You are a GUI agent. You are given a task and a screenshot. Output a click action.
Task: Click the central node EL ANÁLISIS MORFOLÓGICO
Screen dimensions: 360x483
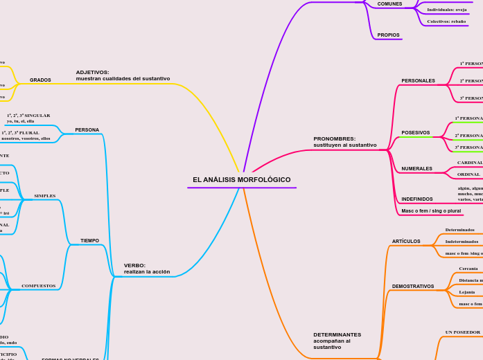click(x=242, y=180)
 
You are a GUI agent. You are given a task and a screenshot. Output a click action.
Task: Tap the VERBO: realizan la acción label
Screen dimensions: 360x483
click(x=146, y=269)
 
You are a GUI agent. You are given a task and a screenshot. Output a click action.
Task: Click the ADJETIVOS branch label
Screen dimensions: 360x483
click(x=123, y=75)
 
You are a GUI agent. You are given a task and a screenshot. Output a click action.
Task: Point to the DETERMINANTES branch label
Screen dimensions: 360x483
click(x=337, y=341)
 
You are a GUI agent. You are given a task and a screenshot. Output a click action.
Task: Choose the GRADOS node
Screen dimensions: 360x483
click(x=40, y=80)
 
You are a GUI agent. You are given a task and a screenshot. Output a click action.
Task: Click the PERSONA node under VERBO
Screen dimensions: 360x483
click(x=87, y=130)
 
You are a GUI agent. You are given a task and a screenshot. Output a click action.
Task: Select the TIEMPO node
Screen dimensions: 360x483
click(x=89, y=241)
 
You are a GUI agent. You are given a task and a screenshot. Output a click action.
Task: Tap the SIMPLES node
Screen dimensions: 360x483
click(x=45, y=196)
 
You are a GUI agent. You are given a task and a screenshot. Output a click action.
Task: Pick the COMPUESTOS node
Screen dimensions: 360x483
click(x=39, y=286)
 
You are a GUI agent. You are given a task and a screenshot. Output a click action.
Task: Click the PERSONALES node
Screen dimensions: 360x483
click(x=418, y=81)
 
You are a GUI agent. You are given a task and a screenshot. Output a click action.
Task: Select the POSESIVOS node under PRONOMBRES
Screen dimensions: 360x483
click(x=415, y=133)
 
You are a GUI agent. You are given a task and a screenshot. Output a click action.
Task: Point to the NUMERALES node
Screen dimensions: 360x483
click(x=416, y=169)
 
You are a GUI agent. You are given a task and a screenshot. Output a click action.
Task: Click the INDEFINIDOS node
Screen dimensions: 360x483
click(x=417, y=199)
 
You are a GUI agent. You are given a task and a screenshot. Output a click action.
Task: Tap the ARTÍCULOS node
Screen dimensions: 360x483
click(x=406, y=242)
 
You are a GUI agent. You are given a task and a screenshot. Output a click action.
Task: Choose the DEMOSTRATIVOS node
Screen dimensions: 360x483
click(x=413, y=287)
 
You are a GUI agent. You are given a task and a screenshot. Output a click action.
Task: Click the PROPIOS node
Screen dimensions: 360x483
click(x=388, y=35)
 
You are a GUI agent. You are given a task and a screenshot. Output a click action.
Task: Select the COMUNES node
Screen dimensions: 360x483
click(x=389, y=4)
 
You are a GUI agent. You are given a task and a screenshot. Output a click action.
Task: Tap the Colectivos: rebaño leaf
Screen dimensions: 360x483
click(x=446, y=21)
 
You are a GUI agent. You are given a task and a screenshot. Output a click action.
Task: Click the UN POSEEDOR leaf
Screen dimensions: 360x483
click(x=462, y=332)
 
